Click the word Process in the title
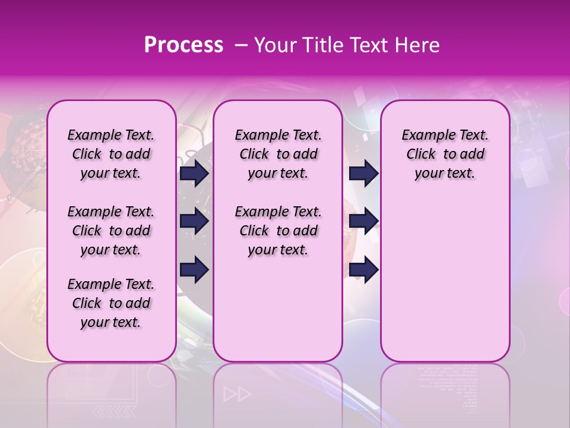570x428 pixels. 183,45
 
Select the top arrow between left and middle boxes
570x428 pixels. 194,173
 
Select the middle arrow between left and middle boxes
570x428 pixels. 194,221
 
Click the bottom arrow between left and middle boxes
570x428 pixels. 194,269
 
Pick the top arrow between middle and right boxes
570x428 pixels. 363,173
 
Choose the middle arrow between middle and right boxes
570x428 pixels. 363,221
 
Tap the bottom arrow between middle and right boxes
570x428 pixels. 363,269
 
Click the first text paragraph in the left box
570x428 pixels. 111,154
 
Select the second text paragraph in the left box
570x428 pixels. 111,231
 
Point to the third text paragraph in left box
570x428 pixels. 111,303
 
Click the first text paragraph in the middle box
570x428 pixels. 278,154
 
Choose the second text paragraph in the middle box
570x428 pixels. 278,231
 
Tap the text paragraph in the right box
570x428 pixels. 445,154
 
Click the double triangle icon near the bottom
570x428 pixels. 237,394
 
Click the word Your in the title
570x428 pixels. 274,45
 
